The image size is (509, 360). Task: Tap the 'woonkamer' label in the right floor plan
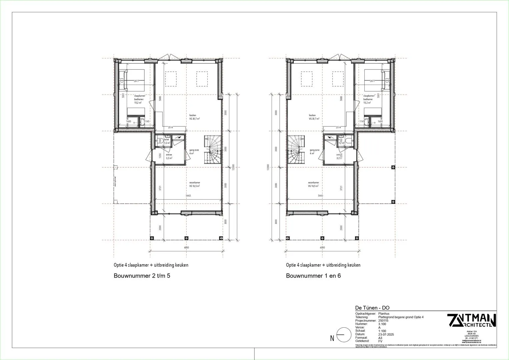(x=313, y=183)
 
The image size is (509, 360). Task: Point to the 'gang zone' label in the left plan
(x=194, y=150)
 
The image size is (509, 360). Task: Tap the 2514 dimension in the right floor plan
(x=338, y=127)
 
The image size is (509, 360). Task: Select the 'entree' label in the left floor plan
(x=169, y=155)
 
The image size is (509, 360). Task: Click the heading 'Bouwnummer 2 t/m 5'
(x=142, y=276)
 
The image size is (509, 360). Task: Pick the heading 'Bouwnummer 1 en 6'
(x=313, y=276)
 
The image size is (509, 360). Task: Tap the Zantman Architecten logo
(x=471, y=321)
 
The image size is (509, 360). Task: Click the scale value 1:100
(x=382, y=331)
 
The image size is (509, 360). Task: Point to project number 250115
(x=384, y=321)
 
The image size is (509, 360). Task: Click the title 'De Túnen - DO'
(x=372, y=308)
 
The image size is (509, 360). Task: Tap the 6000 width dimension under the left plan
(x=186, y=248)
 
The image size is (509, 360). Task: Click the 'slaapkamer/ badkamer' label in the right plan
(x=368, y=97)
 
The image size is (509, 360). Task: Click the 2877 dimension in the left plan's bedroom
(x=136, y=81)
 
